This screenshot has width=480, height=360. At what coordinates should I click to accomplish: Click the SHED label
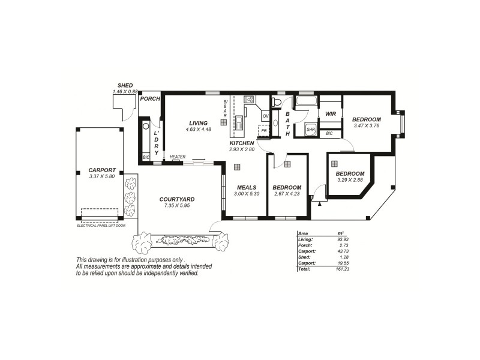[125, 86]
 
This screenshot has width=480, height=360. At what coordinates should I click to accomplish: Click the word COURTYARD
[176, 199]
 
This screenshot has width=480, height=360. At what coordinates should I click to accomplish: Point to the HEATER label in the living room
[177, 157]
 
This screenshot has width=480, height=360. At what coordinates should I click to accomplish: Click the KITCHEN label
[242, 143]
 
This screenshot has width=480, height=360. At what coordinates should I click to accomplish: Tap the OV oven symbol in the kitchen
[265, 116]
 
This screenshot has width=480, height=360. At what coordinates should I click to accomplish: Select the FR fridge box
[263, 130]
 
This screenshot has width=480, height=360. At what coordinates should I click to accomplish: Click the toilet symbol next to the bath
[277, 103]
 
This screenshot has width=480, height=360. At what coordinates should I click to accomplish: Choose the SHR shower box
[311, 129]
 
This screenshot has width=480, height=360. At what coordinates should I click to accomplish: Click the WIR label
[330, 113]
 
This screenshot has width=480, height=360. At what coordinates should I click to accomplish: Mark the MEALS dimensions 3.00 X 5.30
[247, 194]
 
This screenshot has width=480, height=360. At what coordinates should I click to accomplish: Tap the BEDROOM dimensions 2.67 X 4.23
[286, 194]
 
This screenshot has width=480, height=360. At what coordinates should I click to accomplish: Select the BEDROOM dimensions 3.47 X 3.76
[367, 125]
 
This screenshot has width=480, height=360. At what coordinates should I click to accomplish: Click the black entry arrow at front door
[319, 204]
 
